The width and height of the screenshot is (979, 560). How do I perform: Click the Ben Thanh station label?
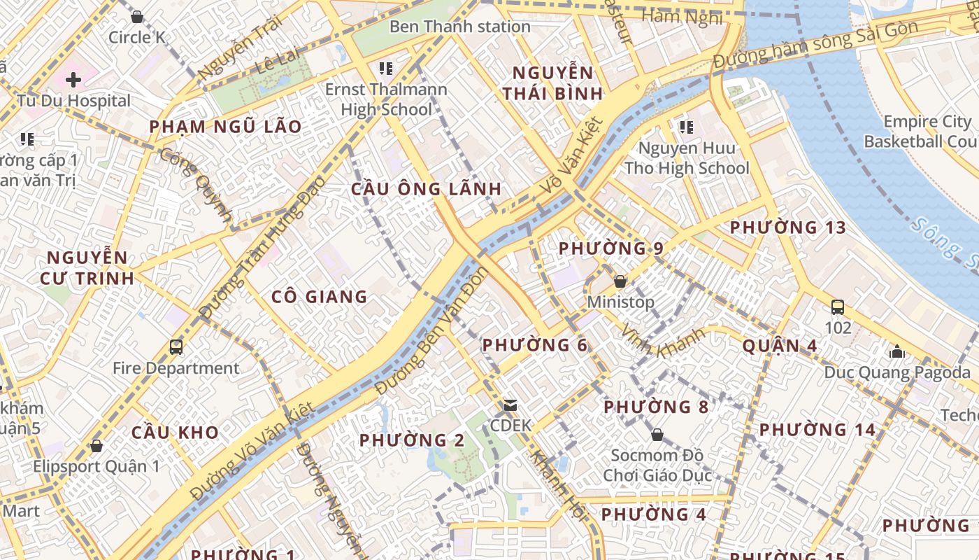(x=459, y=27)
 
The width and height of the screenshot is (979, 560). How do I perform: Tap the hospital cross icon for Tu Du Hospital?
(x=73, y=80)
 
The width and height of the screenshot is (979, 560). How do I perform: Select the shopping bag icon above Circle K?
(x=137, y=16)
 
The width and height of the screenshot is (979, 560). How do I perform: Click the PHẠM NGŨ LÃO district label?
(x=225, y=127)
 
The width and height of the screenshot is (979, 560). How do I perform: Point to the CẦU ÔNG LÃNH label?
(x=426, y=189)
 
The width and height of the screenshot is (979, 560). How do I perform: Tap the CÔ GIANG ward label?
(x=320, y=297)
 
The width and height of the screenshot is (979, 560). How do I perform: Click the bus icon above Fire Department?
(x=176, y=347)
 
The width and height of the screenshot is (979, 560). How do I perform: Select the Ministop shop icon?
(x=620, y=281)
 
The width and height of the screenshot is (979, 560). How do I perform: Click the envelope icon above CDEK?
(x=510, y=405)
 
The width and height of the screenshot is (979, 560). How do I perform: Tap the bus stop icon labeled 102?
(x=837, y=307)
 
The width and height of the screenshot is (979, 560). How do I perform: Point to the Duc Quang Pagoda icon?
(x=896, y=351)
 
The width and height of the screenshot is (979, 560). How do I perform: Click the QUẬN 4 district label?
(x=779, y=346)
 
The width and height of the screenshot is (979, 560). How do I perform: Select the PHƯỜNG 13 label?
(x=787, y=227)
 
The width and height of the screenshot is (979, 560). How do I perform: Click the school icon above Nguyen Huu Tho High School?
(x=686, y=127)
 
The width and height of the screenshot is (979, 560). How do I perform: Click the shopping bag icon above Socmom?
(x=657, y=435)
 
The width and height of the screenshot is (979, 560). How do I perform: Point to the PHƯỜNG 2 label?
(x=411, y=440)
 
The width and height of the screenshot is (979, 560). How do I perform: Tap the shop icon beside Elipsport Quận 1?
(x=96, y=446)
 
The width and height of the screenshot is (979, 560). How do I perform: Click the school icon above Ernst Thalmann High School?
(x=385, y=69)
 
